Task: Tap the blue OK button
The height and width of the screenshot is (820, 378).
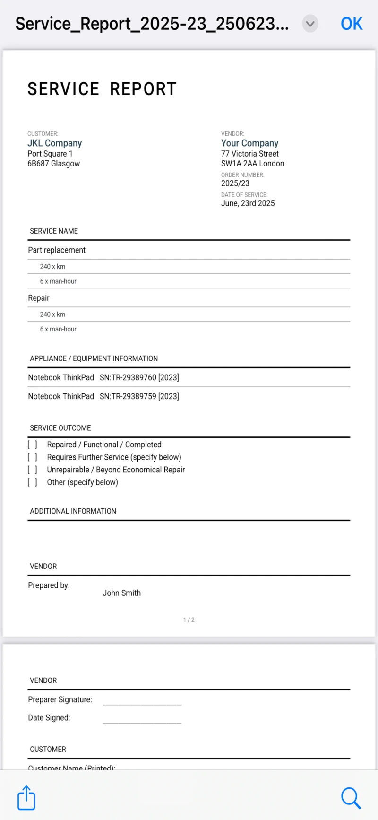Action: click(352, 24)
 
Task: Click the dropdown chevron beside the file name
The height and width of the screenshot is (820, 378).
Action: click(310, 24)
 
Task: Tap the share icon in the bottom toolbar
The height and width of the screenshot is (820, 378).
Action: click(26, 798)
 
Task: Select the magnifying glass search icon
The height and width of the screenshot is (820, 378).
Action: click(351, 798)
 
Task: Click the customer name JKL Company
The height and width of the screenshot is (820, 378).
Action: click(54, 143)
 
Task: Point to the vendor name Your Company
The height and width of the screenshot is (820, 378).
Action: click(249, 143)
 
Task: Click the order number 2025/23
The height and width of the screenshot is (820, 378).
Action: click(235, 183)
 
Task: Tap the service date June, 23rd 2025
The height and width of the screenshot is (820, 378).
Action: click(248, 203)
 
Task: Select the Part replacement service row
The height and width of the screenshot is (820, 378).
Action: click(57, 250)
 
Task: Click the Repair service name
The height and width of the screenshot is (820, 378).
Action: click(39, 298)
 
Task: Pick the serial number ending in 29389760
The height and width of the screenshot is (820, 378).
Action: click(139, 377)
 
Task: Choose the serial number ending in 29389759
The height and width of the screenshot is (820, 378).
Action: click(139, 396)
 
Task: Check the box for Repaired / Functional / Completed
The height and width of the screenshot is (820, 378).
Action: click(32, 445)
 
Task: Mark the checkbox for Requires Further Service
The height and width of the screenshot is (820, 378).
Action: click(32, 457)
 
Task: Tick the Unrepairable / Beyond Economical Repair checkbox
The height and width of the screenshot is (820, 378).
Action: click(32, 470)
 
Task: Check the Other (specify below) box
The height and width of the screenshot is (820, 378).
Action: click(32, 482)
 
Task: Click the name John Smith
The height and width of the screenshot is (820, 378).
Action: click(122, 593)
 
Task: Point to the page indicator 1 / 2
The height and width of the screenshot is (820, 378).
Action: click(189, 620)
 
